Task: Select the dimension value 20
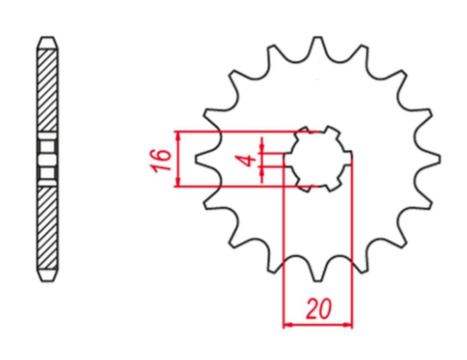point(315,310)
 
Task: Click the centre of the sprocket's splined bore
point(319,160)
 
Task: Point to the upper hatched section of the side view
point(45,92)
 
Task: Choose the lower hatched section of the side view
point(45,229)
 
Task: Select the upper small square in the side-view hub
point(45,149)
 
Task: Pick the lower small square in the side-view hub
point(45,172)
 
